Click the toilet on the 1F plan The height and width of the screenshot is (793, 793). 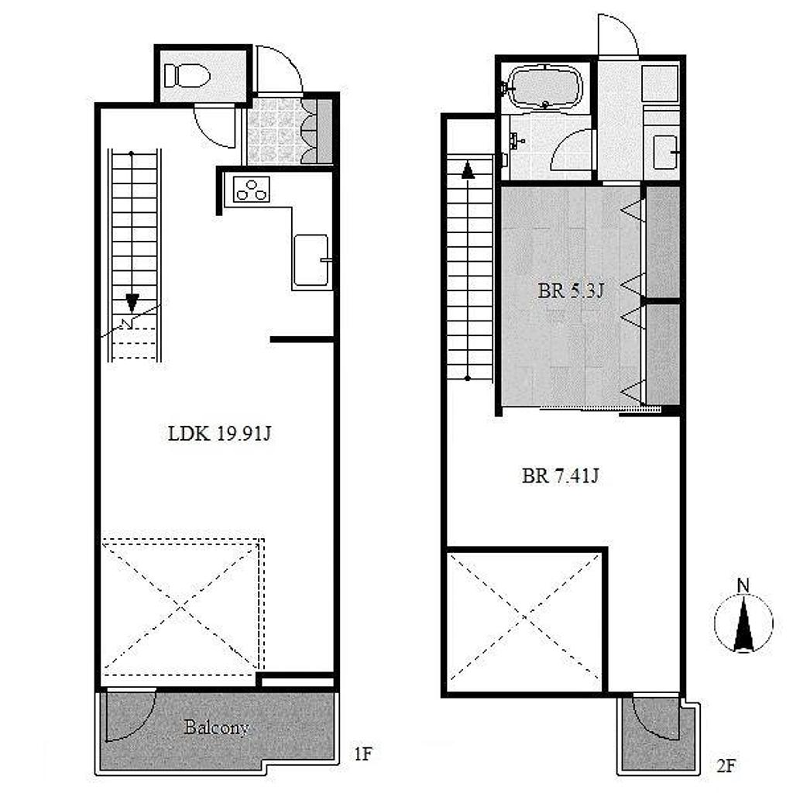187,76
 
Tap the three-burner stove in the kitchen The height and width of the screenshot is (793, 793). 252,189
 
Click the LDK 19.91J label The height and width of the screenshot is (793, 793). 219,434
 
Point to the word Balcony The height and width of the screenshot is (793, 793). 217,727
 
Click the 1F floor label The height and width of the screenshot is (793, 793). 362,754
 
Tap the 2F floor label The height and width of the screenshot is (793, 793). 725,766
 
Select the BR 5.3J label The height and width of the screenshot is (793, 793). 570,291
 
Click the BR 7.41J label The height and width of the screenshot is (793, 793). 561,476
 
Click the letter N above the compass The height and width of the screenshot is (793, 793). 743,586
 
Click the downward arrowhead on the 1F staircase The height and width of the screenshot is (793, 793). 132,303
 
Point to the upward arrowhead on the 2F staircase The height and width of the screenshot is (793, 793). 468,170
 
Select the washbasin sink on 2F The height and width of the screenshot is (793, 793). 664,153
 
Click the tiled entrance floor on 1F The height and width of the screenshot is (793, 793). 273,130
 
